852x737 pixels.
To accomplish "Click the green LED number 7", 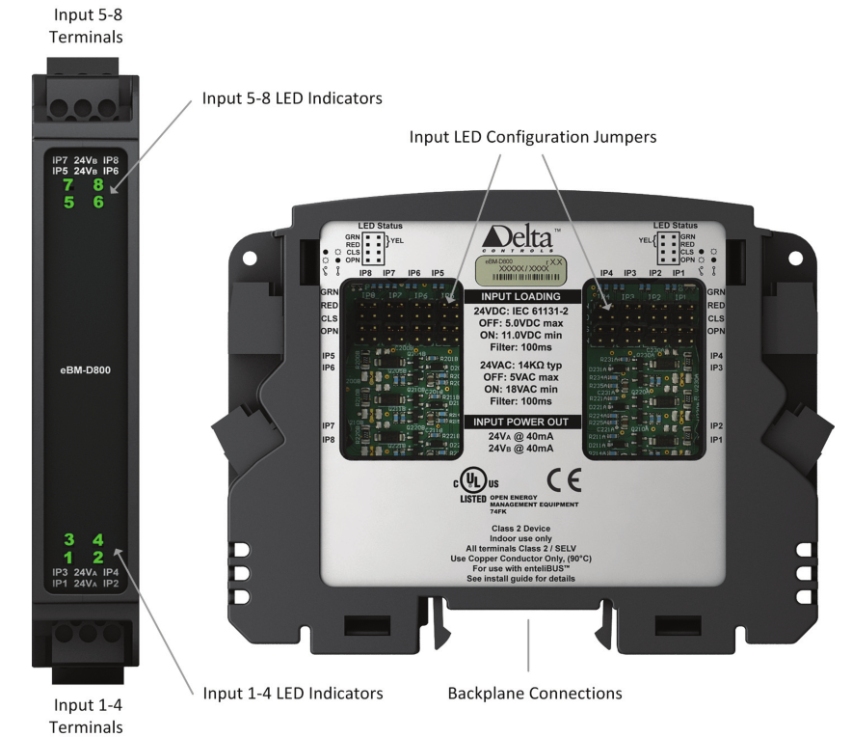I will pos(68,185).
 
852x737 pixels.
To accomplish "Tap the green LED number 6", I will pos(98,203).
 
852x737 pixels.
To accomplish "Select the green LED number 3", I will pos(68,539).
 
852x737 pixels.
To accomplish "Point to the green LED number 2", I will pos(98,557).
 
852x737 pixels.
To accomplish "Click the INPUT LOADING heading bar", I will pos(521,296).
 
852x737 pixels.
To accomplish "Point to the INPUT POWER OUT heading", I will pos(521,422).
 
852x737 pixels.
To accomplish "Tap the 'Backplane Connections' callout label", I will pos(534,693).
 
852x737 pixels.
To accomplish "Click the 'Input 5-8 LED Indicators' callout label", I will pos(292,98).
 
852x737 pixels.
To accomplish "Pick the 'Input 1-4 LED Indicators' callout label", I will pos(292,693).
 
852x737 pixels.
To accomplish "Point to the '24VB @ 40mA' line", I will pos(521,450).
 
